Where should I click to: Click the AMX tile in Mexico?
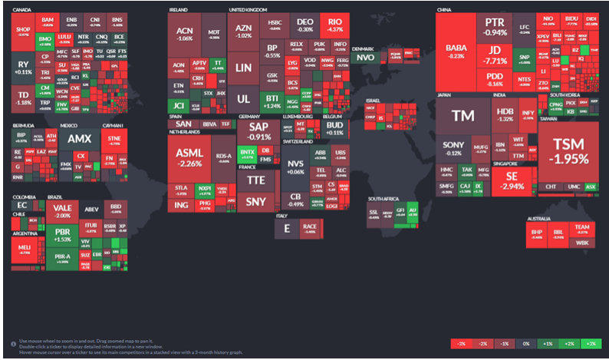coord(79,140)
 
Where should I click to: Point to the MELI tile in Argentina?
coord(25,247)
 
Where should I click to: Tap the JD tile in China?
coord(492,54)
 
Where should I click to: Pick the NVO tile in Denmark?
coord(366,58)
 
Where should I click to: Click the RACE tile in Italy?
coord(310,227)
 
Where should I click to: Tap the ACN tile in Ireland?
coord(184,32)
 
